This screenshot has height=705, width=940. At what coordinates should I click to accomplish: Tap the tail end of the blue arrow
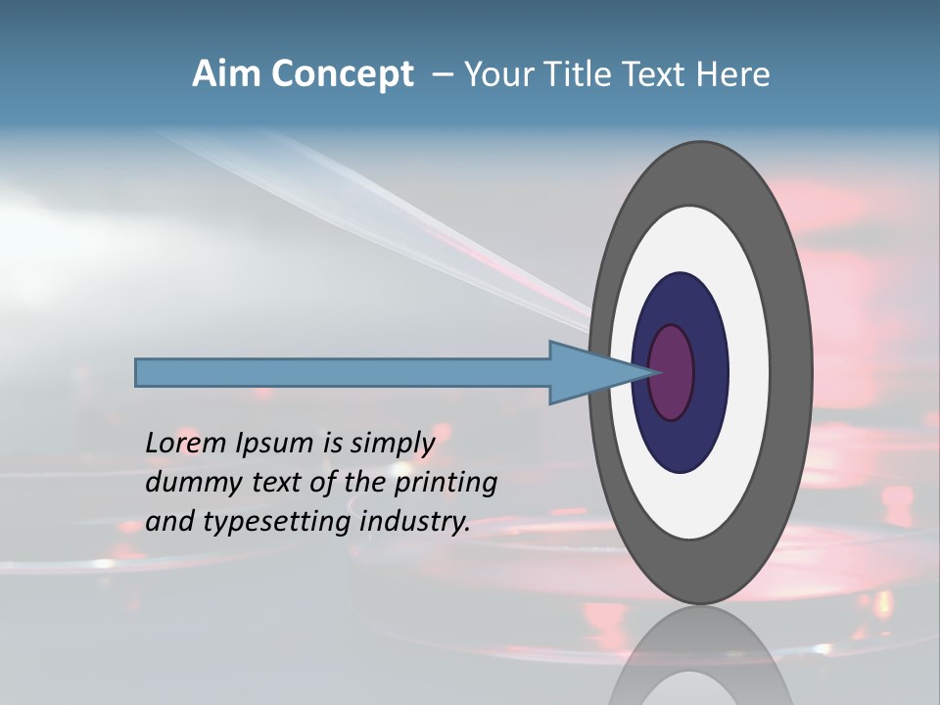pyautogui.click(x=138, y=372)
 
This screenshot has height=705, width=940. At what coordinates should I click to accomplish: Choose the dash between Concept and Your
pyautogui.click(x=442, y=75)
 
